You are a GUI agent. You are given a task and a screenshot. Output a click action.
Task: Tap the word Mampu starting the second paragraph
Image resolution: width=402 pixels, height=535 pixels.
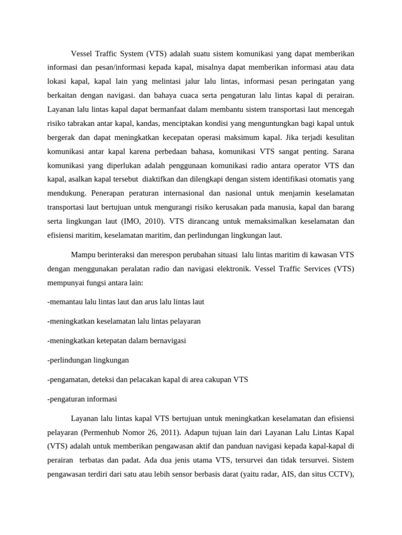(83, 255)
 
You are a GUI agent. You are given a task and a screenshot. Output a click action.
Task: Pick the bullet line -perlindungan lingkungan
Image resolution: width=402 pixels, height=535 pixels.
(88, 360)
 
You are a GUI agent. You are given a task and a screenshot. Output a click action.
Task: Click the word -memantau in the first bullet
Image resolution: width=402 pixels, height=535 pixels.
(66, 302)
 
